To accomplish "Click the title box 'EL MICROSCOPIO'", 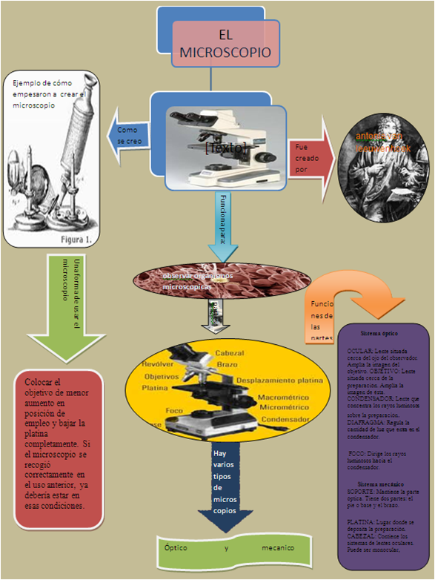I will [225, 43].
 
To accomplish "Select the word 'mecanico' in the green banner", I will [278, 548].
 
